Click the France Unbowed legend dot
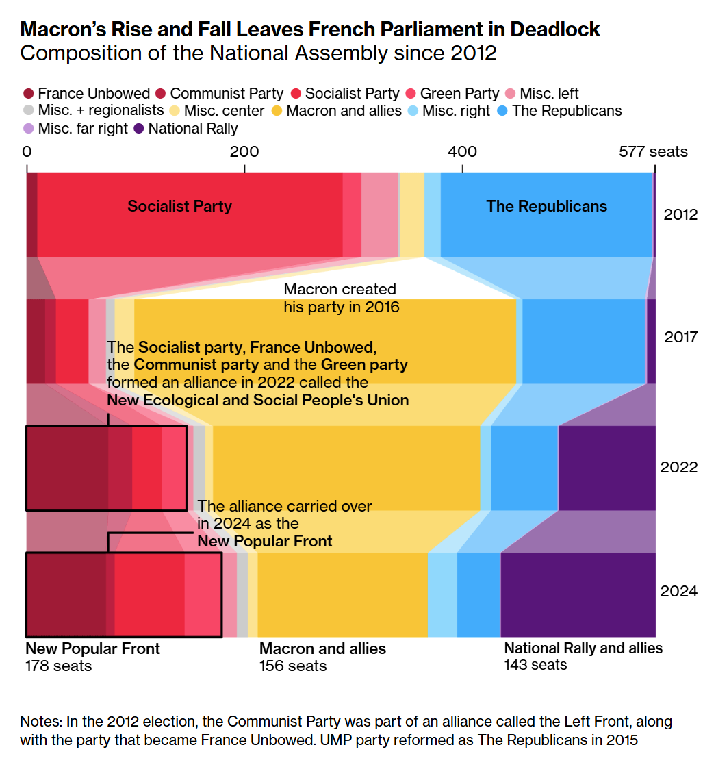click(x=28, y=94)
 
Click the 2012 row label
click(x=680, y=215)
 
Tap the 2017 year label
click(x=680, y=338)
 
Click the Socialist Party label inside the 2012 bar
click(x=179, y=206)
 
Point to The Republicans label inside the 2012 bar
click(x=546, y=206)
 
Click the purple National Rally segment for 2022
click(x=606, y=468)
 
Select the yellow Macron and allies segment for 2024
click(x=342, y=594)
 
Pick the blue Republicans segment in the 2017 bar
click(x=583, y=341)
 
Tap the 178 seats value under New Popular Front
click(x=58, y=666)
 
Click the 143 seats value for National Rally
click(x=535, y=664)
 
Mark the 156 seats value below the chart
click(x=293, y=666)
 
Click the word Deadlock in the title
click(x=548, y=29)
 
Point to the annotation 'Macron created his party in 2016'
click(x=341, y=298)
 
